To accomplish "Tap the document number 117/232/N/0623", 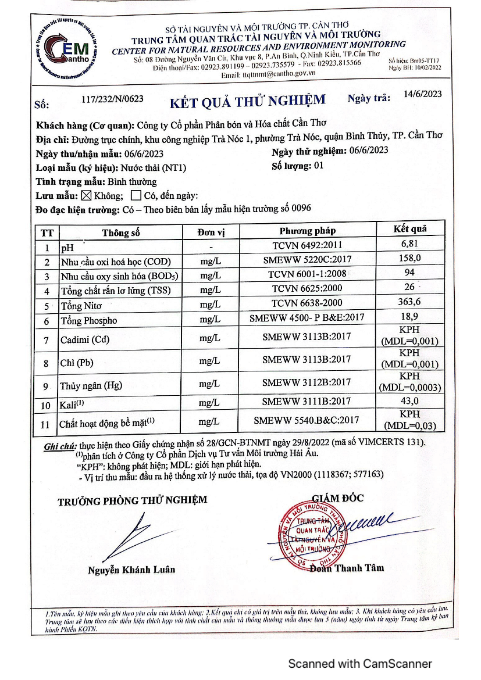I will pos(113,99).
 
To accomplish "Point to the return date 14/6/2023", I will pos(422,94).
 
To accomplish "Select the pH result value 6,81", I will pos(409,244).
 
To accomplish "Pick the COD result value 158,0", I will pos(409,259).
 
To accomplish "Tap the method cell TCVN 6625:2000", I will pos(307,288).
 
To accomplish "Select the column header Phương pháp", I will pos(307,231).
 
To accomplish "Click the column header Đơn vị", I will pos(211,232).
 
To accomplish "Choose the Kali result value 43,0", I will pos(409,401).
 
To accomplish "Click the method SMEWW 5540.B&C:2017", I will pos(307,420).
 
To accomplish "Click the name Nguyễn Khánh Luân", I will pos(131,570).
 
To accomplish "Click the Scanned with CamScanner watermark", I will pos(360,663).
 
